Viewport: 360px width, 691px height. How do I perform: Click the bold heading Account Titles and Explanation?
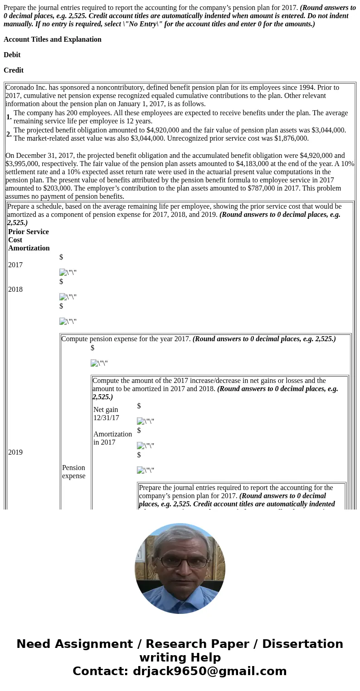point(53,39)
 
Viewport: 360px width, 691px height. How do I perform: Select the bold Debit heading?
point(12,55)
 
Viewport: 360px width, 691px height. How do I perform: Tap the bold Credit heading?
point(14,70)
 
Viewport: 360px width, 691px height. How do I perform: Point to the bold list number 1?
point(9,117)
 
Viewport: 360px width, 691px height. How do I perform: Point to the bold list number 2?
point(9,134)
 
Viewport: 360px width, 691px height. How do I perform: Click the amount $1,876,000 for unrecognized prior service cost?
point(291,138)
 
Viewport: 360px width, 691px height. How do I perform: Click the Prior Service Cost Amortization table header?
point(29,240)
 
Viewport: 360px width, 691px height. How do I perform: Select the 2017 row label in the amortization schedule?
point(15,265)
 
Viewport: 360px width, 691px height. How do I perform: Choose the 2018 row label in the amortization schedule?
point(15,289)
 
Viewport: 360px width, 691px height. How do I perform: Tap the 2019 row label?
point(15,452)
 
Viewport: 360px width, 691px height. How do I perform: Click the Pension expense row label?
point(73,472)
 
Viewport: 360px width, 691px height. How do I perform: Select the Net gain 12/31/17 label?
point(106,414)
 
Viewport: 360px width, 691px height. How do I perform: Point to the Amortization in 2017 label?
point(112,438)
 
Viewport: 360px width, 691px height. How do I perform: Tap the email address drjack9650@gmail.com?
point(209,671)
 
